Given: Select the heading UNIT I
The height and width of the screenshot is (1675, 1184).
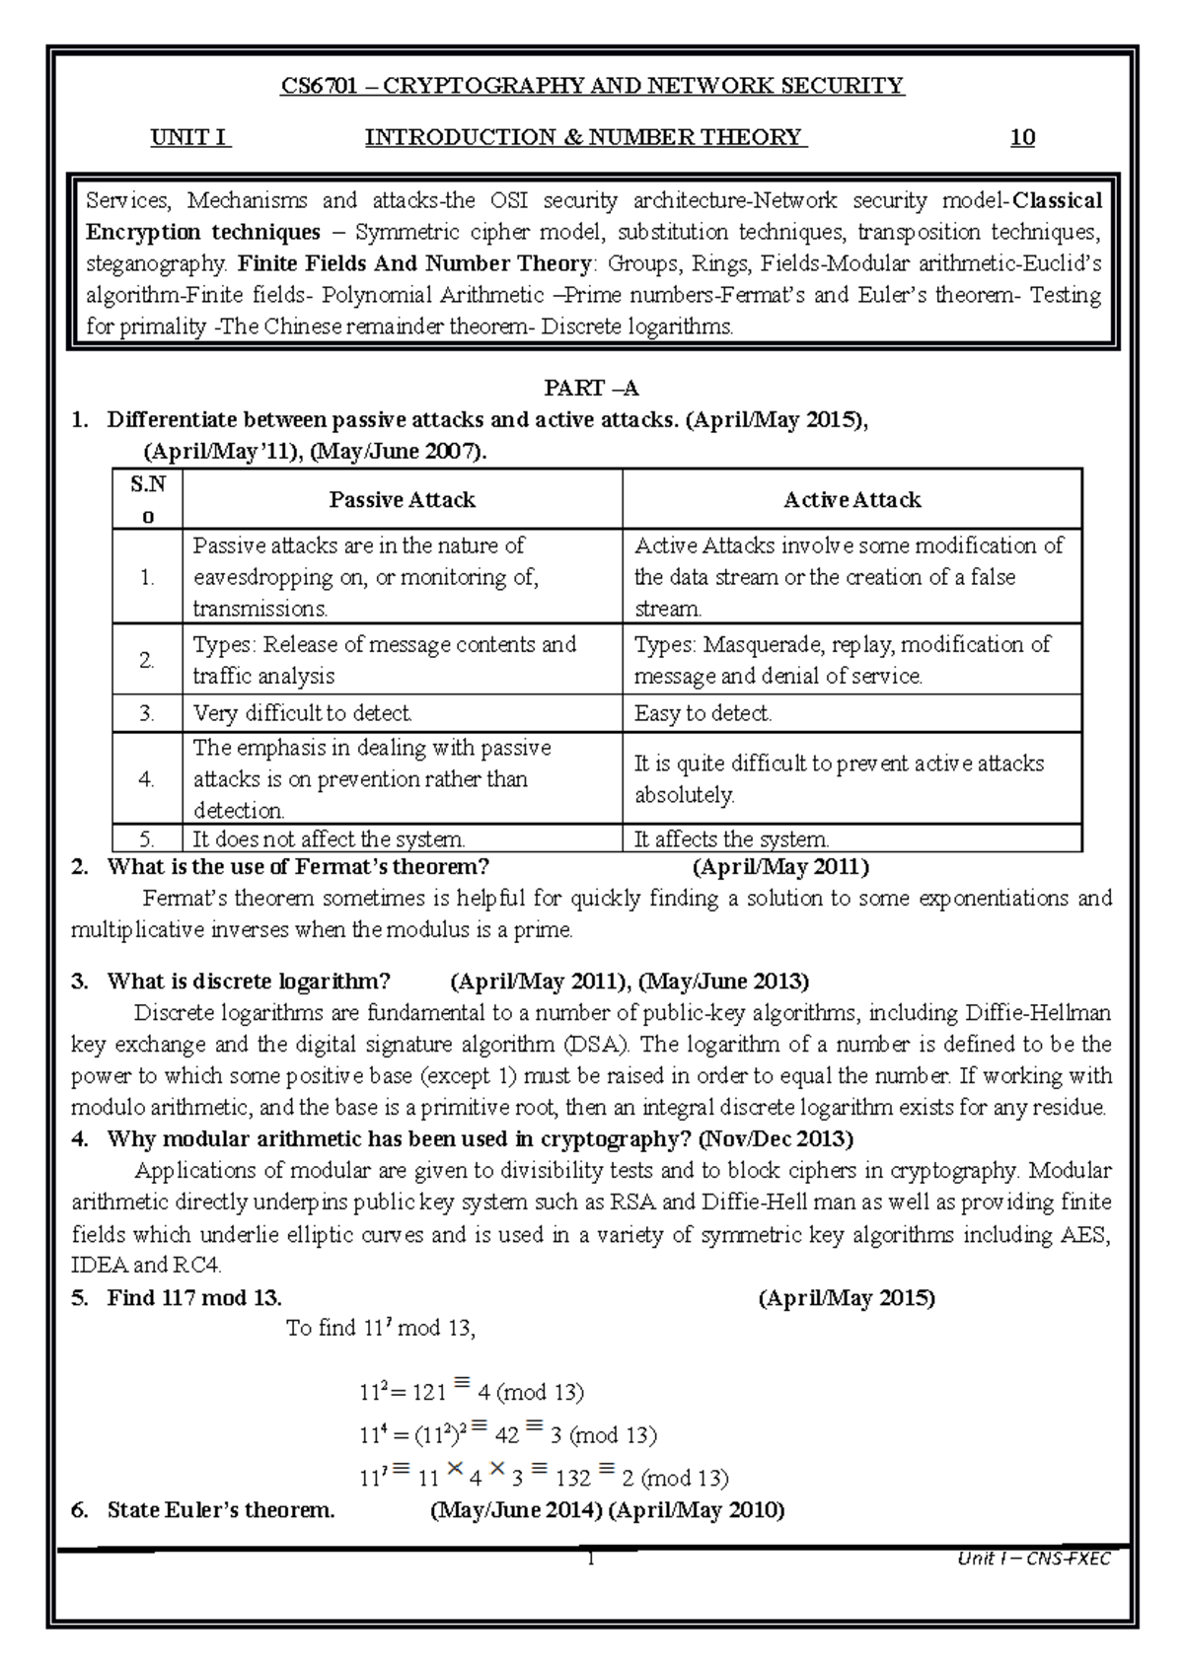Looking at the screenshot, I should (x=189, y=137).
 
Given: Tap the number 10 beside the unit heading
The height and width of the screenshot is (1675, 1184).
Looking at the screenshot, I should (x=1022, y=137).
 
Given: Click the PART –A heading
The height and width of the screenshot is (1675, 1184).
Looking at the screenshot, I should (x=592, y=388).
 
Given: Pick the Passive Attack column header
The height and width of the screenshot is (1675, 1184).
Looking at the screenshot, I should (x=402, y=500).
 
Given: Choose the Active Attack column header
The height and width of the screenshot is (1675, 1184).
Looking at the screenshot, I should (x=851, y=500).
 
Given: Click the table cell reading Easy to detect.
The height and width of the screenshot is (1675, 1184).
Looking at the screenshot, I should (x=703, y=713).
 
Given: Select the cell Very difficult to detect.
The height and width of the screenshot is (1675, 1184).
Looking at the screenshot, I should (x=302, y=713).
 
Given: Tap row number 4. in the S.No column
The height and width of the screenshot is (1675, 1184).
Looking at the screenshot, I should (x=147, y=778).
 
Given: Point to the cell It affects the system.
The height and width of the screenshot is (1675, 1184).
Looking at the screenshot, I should (x=731, y=839).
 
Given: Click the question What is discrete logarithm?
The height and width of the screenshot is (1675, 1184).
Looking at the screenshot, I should (x=249, y=982).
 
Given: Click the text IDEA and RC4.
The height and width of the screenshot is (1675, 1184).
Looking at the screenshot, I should (x=147, y=1266).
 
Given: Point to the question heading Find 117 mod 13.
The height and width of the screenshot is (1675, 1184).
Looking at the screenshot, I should (x=194, y=1298).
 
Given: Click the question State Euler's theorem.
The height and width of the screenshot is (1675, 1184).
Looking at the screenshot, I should (x=221, y=1510).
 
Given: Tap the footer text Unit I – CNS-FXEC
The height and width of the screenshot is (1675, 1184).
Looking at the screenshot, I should (x=1034, y=1560).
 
